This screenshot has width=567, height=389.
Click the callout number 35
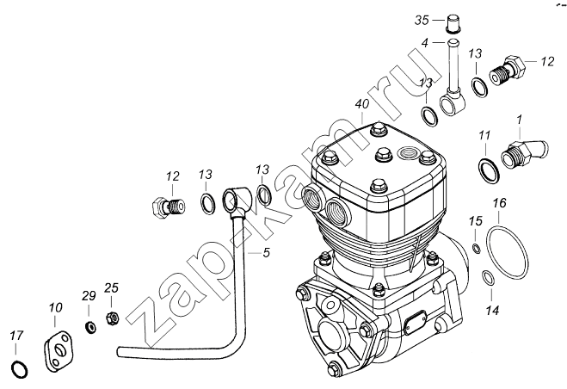tap(422, 21)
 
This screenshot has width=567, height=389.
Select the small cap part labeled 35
tap(453, 24)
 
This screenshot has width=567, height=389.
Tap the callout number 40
tap(362, 104)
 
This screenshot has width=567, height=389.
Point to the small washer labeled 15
tap(477, 248)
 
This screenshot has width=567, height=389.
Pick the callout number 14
tap(492, 310)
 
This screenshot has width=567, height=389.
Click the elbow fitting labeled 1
tap(523, 153)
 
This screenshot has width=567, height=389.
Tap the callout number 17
tap(16, 336)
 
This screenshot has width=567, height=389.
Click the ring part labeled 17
tap(21, 368)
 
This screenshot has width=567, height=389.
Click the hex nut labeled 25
tap(113, 318)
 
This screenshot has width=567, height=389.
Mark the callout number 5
tap(266, 252)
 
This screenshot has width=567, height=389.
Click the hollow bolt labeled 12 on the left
tap(169, 207)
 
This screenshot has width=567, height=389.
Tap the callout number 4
tap(425, 43)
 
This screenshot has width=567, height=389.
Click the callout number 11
tap(484, 136)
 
